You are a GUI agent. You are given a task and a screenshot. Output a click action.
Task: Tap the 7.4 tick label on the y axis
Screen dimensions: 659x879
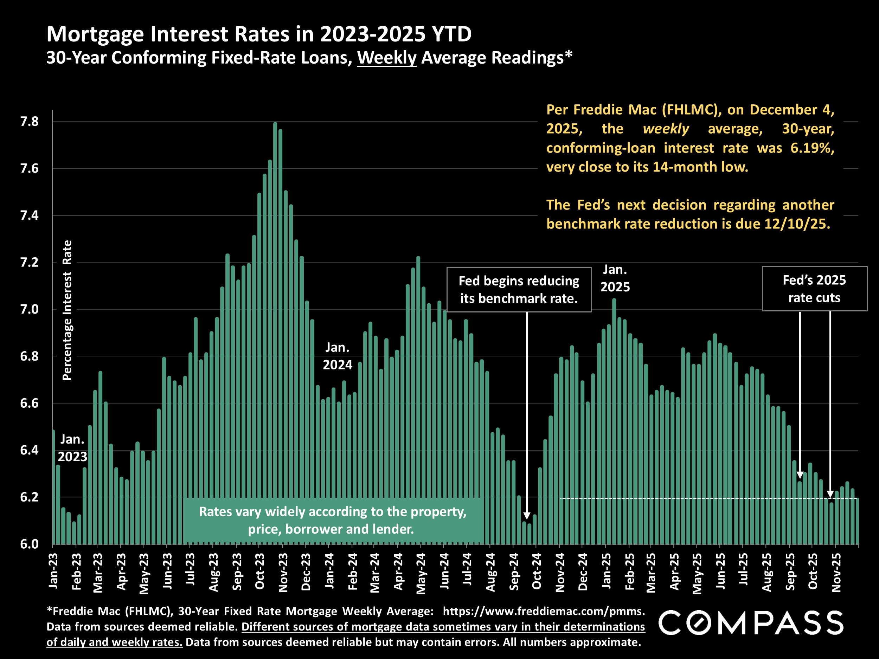(30, 216)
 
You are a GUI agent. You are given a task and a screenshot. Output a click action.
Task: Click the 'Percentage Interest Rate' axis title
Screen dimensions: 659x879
(67, 310)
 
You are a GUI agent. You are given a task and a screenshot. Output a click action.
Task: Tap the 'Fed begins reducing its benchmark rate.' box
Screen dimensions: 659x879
(519, 290)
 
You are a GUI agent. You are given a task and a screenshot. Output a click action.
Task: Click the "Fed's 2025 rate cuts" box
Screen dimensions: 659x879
(814, 289)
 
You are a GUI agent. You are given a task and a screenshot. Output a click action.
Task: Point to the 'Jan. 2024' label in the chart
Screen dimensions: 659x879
(338, 356)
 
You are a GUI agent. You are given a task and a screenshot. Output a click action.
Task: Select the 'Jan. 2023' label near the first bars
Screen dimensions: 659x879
(72, 448)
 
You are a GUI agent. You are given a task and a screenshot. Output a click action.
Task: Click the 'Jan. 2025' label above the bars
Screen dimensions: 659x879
(615, 278)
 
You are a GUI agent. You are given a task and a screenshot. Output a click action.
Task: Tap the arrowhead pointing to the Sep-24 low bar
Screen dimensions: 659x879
(527, 516)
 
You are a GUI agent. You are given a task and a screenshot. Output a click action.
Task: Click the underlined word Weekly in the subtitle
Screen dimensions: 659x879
(386, 58)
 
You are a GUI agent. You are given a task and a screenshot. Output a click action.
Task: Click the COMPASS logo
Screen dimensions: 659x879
(751, 622)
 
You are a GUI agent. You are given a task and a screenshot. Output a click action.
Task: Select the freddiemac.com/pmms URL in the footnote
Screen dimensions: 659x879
(543, 611)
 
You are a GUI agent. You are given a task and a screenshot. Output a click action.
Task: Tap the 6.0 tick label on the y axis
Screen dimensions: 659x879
(30, 544)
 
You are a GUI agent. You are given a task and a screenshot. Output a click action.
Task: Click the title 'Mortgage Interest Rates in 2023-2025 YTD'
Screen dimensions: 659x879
(259, 34)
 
